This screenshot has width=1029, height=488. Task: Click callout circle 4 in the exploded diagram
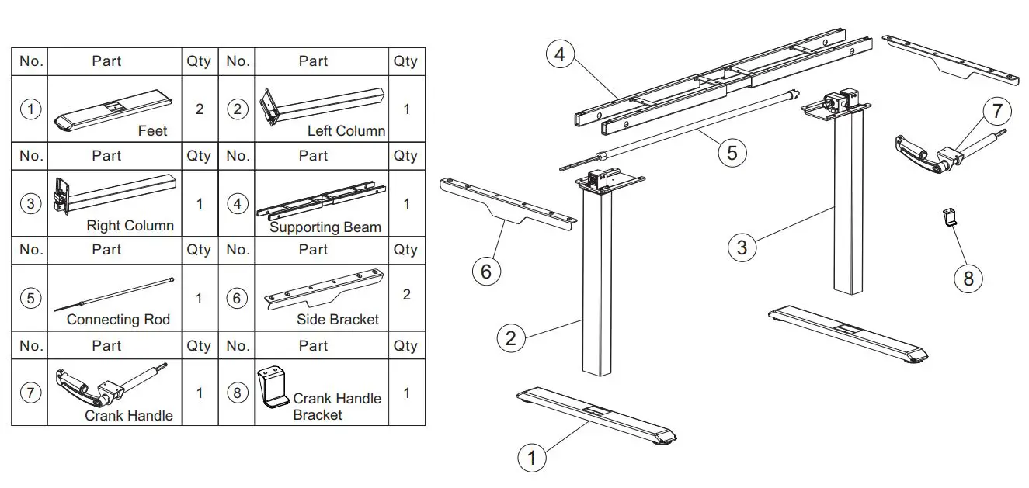(561, 55)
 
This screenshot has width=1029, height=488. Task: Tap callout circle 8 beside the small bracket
(968, 277)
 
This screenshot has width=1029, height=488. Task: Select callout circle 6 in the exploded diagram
(486, 271)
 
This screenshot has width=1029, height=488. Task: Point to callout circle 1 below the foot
(532, 458)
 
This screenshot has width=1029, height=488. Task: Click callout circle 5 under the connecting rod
(732, 152)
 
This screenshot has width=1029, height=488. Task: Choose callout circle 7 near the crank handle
(997, 112)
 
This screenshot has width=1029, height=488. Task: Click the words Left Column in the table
(346, 131)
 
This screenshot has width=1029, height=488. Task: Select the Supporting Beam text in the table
(325, 227)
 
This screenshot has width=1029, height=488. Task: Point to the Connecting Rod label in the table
(118, 320)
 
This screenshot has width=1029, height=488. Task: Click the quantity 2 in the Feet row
(199, 109)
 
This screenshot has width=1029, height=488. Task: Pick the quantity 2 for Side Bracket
(406, 295)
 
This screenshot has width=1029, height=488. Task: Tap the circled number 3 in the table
(30, 204)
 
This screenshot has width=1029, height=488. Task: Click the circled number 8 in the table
(237, 393)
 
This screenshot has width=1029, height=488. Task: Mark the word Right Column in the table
(130, 226)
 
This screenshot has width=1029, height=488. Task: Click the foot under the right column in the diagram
(849, 334)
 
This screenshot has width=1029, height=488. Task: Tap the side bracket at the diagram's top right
(951, 59)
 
